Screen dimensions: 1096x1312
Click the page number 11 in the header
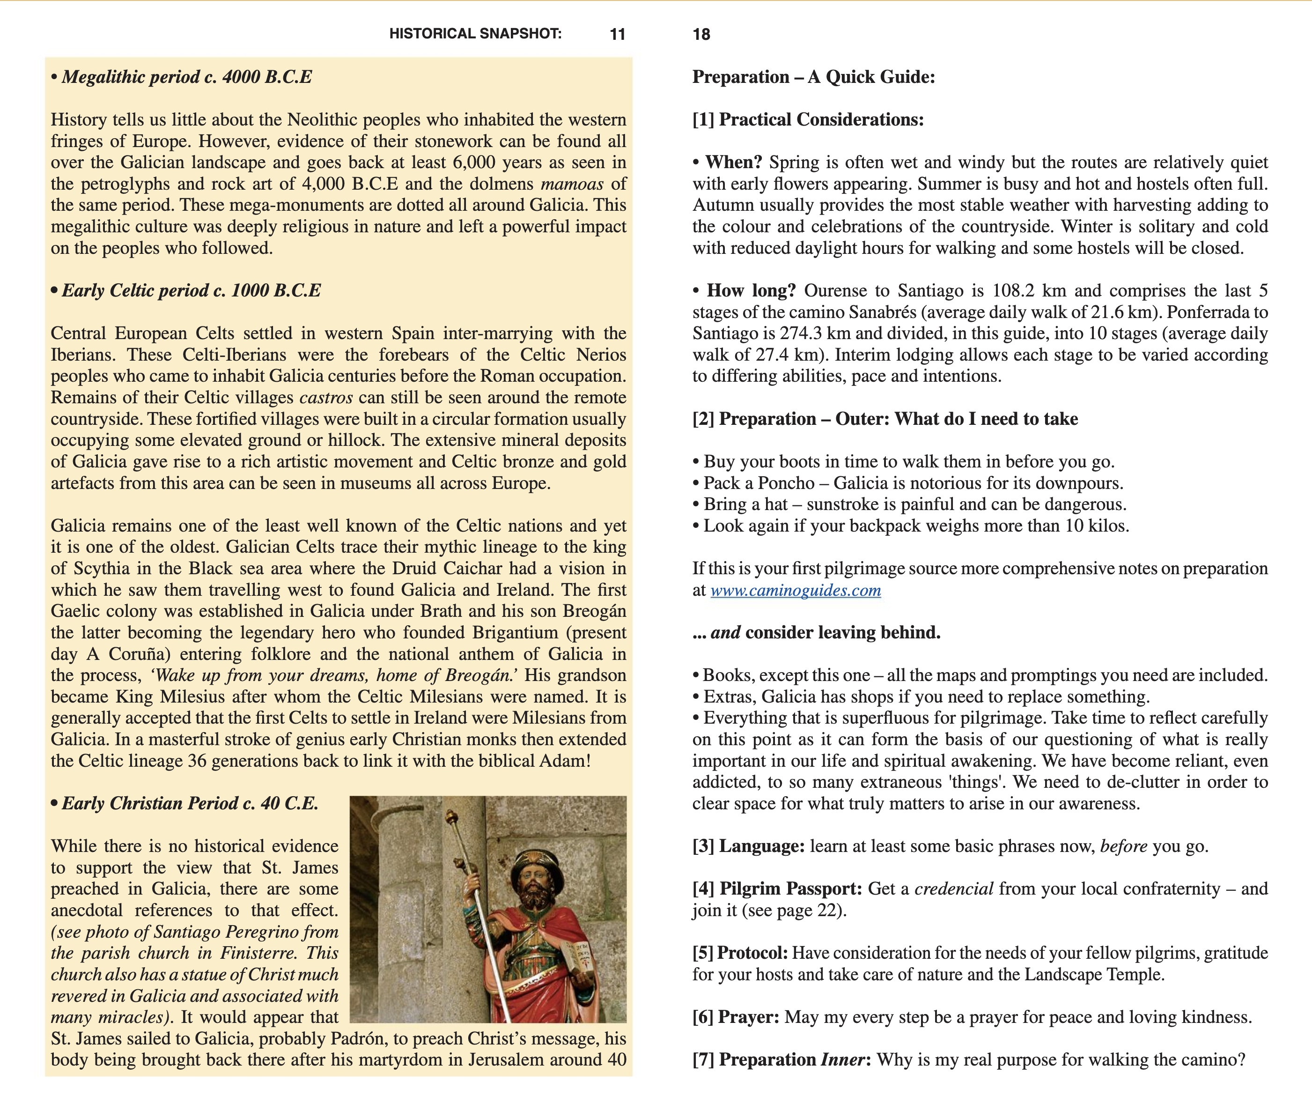pos(617,34)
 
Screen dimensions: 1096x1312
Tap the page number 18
pos(701,34)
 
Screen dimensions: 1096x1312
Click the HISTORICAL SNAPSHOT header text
pos(475,34)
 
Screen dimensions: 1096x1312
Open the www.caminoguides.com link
pos(796,591)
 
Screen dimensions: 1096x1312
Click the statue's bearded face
pos(535,888)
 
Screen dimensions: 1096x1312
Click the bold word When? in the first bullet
pos(733,163)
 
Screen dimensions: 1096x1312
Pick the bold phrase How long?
pos(751,290)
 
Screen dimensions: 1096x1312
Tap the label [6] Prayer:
pos(735,1017)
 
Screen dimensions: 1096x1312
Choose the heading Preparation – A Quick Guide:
pos(813,77)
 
